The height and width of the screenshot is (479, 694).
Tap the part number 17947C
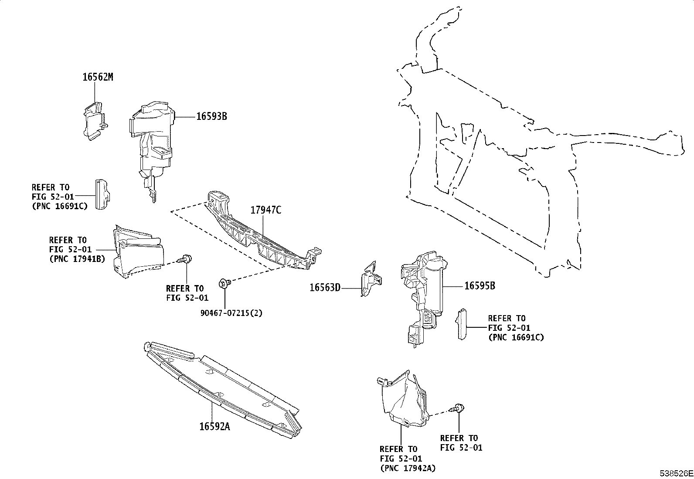click(x=265, y=210)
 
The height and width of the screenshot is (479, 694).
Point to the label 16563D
click(x=325, y=288)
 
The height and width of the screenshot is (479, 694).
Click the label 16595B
click(x=480, y=286)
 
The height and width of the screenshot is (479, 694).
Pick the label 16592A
click(x=214, y=426)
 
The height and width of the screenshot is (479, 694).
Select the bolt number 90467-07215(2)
click(x=231, y=313)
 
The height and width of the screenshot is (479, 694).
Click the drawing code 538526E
click(x=676, y=473)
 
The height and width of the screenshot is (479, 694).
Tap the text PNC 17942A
click(x=408, y=468)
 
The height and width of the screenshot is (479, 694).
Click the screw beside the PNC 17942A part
click(x=458, y=408)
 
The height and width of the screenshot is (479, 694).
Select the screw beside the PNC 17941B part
click(x=186, y=259)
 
